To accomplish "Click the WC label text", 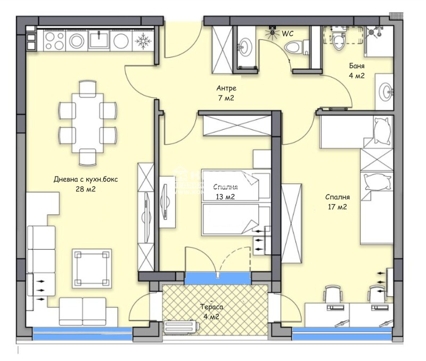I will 288,33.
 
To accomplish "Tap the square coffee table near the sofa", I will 92,268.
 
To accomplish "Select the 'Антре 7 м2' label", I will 226,93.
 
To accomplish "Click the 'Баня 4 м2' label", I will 357,71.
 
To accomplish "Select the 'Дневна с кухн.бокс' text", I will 86,179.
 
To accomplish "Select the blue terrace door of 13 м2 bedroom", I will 217,278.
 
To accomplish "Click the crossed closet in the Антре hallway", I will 222,49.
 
